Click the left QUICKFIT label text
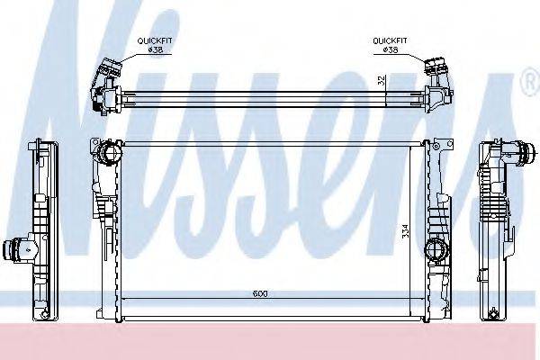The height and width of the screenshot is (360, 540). tap(155, 41)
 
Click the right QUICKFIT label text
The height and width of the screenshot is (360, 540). tap(391, 41)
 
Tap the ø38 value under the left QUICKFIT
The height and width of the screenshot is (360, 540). tap(155, 50)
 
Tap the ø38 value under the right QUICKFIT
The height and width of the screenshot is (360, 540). tap(391, 50)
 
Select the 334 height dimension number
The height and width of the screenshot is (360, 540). tap(405, 230)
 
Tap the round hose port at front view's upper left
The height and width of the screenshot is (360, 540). tap(108, 152)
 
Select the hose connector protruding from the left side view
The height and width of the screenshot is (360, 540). tap(13, 247)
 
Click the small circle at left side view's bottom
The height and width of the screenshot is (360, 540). tap(44, 315)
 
